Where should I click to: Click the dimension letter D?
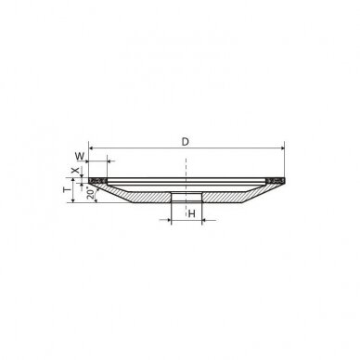coord(185,142)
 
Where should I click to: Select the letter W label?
coord(80,156)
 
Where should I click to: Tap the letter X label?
coord(74,171)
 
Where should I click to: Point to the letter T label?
coord(66,188)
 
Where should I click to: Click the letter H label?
coord(192,213)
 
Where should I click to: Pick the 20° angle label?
coord(90,194)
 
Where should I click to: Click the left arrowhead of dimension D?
coord(91,148)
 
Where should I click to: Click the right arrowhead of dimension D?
coord(282,148)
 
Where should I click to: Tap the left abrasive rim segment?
coord(97,180)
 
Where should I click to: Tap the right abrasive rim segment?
coord(276,180)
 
